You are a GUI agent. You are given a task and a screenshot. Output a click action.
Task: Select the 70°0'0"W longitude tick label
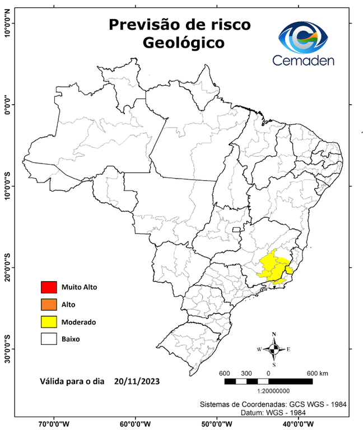pyautogui.click(x=54, y=424)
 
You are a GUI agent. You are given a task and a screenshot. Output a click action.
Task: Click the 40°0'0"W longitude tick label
pyautogui.click(x=298, y=424)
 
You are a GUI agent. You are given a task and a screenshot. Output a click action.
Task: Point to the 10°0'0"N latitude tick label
pyautogui.click(x=8, y=22)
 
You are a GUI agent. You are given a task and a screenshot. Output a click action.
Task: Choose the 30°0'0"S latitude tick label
pyautogui.click(x=8, y=349)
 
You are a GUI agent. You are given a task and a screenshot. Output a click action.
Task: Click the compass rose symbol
pyautogui.click(x=274, y=349)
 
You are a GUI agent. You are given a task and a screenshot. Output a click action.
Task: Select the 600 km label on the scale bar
pyautogui.click(x=317, y=373)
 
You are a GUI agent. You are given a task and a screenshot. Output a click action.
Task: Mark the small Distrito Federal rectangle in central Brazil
pyautogui.click(x=237, y=229)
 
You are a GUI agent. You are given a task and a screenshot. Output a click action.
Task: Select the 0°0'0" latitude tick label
pyautogui.click(x=8, y=104)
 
